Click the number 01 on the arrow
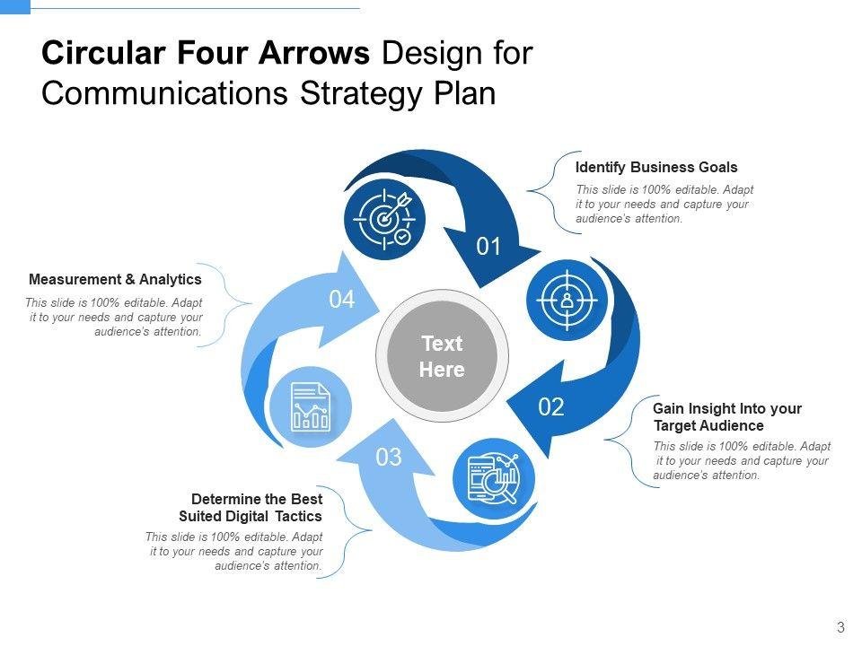pyautogui.click(x=488, y=247)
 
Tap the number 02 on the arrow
pyautogui.click(x=551, y=408)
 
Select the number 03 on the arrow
pyautogui.click(x=389, y=458)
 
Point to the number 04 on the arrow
pyautogui.click(x=341, y=301)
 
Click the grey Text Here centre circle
pyautogui.click(x=442, y=356)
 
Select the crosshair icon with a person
pyautogui.click(x=567, y=301)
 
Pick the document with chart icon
pyautogui.click(x=311, y=407)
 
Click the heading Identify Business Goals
pyautogui.click(x=656, y=167)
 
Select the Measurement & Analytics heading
pyautogui.click(x=115, y=280)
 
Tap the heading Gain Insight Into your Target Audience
pyautogui.click(x=727, y=417)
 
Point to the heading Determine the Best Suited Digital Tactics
pyautogui.click(x=251, y=508)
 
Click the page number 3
pyautogui.click(x=840, y=627)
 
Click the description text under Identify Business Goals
pyautogui.click(x=664, y=204)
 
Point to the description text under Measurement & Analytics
pyautogui.click(x=114, y=317)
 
